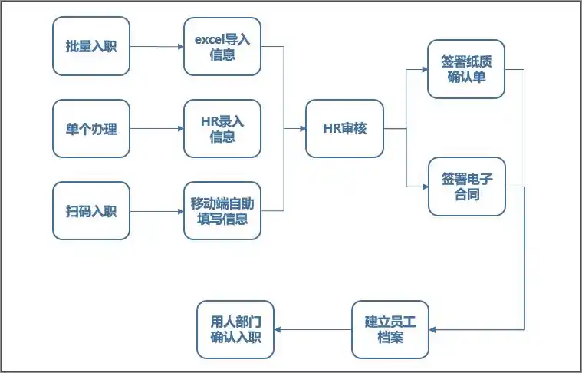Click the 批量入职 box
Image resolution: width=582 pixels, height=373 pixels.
coord(91,47)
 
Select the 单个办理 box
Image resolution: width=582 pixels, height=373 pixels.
coord(91,129)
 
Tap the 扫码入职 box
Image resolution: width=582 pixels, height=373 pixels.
coord(91,211)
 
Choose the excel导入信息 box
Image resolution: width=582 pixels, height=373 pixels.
coord(222,47)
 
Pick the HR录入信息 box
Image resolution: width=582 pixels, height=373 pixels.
coord(222,129)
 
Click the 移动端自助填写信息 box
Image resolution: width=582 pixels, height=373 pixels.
coord(222,211)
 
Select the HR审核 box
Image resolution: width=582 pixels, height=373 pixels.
coord(344,129)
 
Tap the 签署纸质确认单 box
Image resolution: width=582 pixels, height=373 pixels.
coord(466,69)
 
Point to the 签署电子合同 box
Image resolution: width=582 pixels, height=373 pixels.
coord(466,186)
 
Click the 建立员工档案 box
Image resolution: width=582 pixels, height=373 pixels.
coord(390,329)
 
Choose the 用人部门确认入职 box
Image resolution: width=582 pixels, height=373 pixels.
coord(235,329)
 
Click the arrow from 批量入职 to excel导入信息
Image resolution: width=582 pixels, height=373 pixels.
coord(156,47)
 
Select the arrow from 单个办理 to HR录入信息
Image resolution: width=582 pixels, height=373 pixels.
coord(156,129)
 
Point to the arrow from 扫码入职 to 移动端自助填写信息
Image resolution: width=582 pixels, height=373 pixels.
coord(156,211)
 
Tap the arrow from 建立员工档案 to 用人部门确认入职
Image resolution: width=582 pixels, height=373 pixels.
coord(313,329)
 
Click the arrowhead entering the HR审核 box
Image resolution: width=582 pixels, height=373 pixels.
coord(301,129)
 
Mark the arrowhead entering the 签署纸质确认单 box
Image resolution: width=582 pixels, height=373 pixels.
coord(424,69)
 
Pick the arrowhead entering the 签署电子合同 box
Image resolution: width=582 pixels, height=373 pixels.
coord(424,186)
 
